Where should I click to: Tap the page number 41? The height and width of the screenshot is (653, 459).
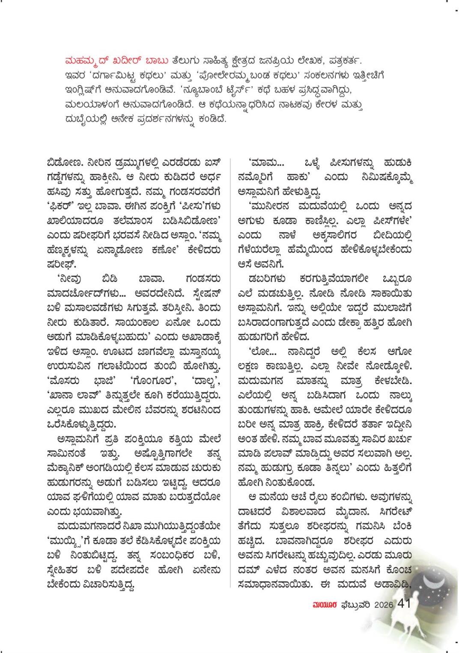[x=404, y=604]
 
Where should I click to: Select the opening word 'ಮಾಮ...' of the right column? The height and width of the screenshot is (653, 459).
[x=265, y=163]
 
